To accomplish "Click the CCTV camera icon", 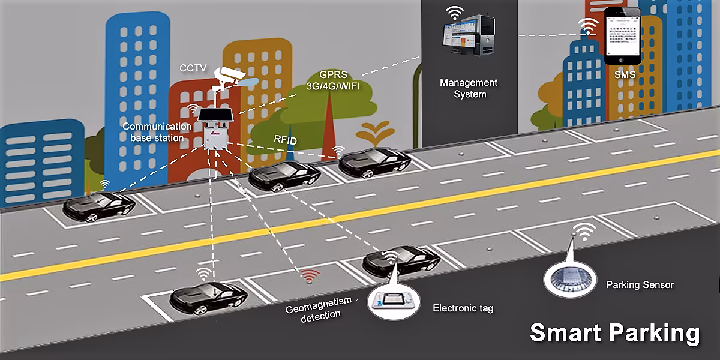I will pos(232,76).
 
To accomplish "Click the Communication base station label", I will pos(157,132).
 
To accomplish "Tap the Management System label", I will pos(469,88).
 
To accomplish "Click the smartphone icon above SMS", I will pos(621,36).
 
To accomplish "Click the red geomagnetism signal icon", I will pos(310,277).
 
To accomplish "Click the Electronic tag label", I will pos(463,308).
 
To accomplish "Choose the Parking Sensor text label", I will pos(640,284).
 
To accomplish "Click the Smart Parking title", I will pos(614,333).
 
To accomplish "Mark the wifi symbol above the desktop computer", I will pos(454,13).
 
